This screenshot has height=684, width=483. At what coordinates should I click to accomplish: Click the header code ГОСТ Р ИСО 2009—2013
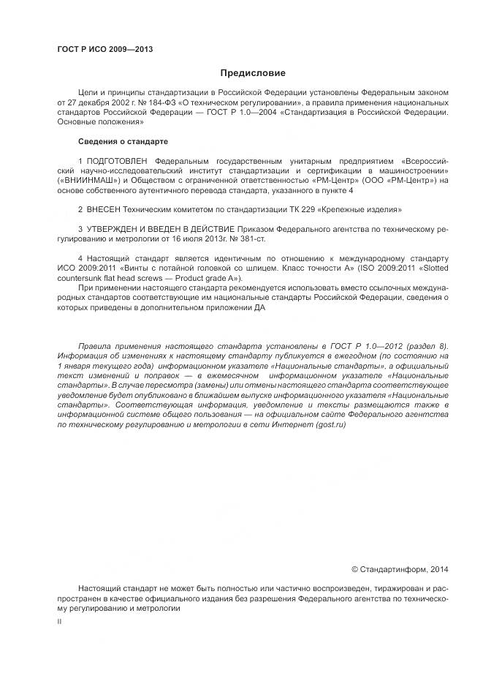pyautogui.click(x=104, y=50)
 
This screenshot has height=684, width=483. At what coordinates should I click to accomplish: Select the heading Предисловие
pyautogui.click(x=253, y=73)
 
